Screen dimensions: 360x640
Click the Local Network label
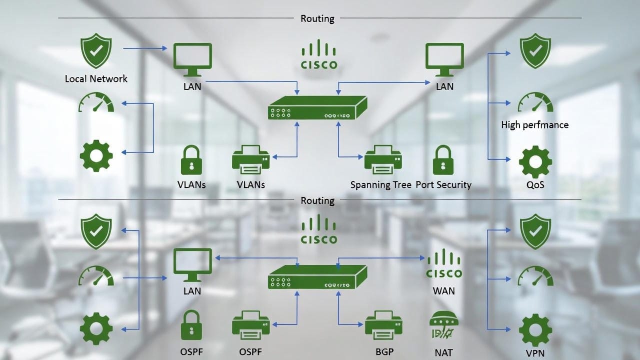(96, 78)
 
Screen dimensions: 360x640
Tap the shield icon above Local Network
(96, 51)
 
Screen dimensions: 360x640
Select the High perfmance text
(534, 124)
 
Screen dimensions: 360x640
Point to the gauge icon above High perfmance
(535, 102)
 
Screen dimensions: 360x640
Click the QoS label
(535, 184)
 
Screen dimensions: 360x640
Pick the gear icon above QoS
(535, 161)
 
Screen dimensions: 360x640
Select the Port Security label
(443, 184)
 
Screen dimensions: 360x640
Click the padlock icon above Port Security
(443, 160)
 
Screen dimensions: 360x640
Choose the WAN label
(443, 290)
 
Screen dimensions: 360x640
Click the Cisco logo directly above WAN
(443, 264)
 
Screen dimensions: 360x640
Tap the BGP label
(384, 351)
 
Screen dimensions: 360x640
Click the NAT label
(443, 352)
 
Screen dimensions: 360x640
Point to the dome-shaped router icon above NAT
(443, 326)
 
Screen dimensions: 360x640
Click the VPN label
(535, 352)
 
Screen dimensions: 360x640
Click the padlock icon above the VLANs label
(191, 160)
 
